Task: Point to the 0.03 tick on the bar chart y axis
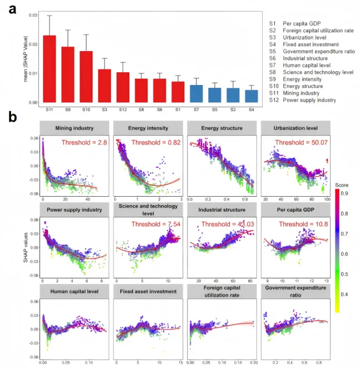point(34,14)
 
